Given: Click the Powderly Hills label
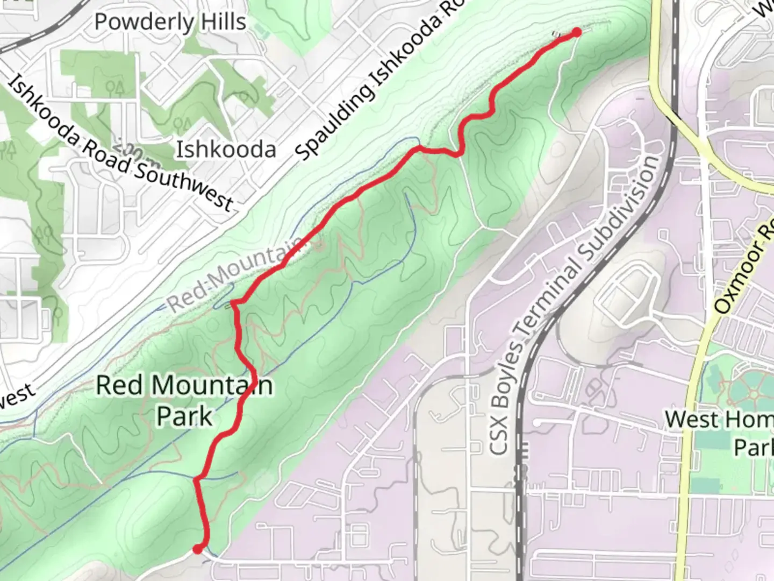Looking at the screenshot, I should click(170, 22).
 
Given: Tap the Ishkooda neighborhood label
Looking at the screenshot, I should click(226, 149).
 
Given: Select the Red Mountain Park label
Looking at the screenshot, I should click(184, 401).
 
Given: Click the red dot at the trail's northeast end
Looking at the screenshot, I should click(576, 32).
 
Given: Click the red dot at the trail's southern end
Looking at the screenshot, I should click(198, 549).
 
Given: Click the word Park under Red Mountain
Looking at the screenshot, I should click(184, 416).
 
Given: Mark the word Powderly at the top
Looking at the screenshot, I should click(144, 22).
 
